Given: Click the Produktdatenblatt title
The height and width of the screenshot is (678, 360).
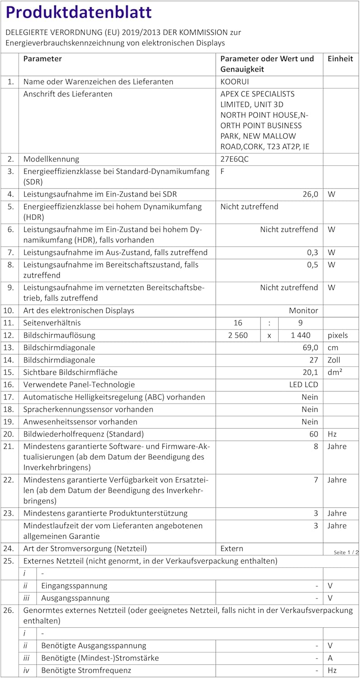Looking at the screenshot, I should point(79,13).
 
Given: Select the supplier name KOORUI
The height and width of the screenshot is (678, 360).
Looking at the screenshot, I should point(234,82).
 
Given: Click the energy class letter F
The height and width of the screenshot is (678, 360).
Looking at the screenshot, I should point(223,171).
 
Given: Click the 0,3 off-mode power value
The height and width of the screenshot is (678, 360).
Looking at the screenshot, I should point(313,252).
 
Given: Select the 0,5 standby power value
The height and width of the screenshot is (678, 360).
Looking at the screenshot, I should point(313,264).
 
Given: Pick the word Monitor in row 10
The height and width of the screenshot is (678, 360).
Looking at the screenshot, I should point(303,311).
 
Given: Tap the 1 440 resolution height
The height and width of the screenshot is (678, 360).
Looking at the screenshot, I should point(291,335).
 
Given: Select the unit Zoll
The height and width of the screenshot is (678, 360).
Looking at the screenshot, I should point(335,360).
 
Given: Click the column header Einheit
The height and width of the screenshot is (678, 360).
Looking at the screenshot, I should point(340,59).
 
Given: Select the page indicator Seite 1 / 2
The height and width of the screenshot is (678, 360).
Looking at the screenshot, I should point(346,552).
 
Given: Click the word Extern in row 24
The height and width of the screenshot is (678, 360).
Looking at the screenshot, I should point(232,549).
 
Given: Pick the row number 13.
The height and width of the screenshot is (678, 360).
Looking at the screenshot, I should point(9,348).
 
